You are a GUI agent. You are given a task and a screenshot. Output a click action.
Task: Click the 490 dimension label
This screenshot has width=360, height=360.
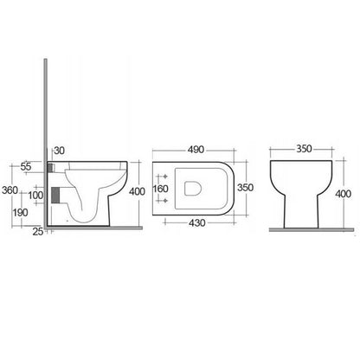(196, 150)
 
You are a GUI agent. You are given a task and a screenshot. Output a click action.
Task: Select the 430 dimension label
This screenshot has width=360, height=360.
(197, 222)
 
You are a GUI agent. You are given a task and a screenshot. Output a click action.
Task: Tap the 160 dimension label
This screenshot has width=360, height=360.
(160, 189)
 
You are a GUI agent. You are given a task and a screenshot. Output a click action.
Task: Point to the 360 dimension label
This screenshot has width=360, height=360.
(10, 190)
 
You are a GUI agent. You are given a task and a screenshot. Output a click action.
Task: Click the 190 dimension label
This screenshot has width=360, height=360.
(20, 213)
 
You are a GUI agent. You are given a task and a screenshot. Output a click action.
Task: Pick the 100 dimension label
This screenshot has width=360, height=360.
(35, 196)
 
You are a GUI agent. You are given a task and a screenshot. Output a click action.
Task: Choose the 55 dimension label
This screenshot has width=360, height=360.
(26, 166)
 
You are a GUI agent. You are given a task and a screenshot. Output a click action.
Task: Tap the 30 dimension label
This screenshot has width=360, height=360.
(60, 151)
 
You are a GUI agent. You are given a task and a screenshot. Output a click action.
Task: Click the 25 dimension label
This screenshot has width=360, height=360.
(38, 231)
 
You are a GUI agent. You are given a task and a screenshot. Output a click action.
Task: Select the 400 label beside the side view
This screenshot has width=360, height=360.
(137, 191)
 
